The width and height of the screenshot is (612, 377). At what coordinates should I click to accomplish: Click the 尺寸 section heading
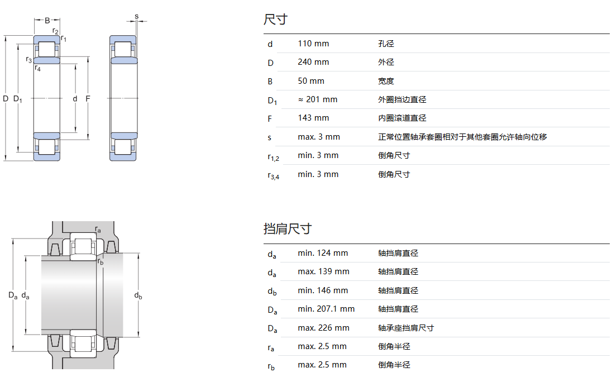[x=275, y=20]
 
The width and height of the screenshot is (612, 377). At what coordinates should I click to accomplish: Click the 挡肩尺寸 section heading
[x=287, y=228]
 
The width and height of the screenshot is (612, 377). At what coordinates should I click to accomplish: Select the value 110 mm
[x=313, y=44]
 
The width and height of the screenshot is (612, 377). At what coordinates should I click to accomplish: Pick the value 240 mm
[x=313, y=62]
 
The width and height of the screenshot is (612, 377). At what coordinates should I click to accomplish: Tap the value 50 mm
[x=311, y=81]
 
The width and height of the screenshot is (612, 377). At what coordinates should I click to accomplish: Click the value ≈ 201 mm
[x=317, y=99]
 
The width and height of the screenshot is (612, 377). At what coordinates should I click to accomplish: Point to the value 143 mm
[x=313, y=118]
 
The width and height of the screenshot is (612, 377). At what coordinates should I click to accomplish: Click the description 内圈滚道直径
[x=401, y=118]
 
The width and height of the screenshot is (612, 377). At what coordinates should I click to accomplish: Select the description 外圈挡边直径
[x=401, y=99]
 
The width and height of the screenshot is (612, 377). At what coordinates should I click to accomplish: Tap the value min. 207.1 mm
[x=326, y=309]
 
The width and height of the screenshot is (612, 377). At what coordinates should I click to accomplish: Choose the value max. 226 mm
[x=323, y=328]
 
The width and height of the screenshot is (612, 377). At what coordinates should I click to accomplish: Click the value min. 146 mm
[x=323, y=290]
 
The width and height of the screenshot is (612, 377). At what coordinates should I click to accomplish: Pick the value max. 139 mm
[x=323, y=271]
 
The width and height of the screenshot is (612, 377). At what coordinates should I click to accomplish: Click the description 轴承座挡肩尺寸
[x=405, y=328]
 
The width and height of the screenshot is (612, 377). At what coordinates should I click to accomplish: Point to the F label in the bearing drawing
[x=88, y=99]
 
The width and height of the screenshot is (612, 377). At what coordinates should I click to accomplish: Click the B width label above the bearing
[x=47, y=21]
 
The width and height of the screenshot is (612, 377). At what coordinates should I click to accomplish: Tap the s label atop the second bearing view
[x=136, y=16]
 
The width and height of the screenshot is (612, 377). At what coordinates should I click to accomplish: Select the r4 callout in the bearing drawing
[x=37, y=68]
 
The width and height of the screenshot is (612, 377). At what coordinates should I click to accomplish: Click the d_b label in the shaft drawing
[x=138, y=297]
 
